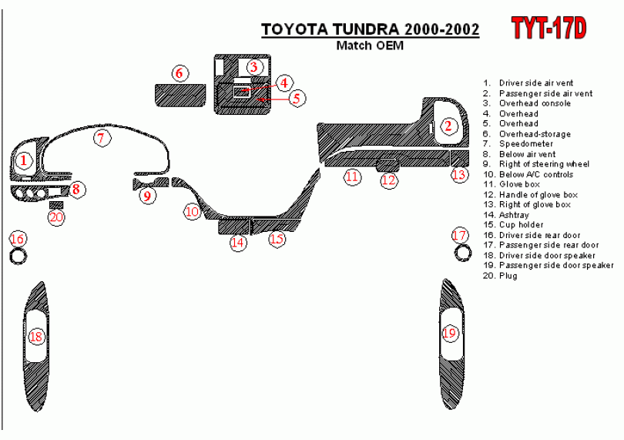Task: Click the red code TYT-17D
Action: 549,29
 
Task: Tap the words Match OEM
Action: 369,45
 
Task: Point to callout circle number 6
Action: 179,73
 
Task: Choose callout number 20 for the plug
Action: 56,217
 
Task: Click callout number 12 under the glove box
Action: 389,180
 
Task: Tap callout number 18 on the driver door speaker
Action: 35,337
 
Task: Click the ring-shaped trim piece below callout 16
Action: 17,256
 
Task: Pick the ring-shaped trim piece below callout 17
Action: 461,253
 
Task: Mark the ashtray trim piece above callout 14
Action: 233,226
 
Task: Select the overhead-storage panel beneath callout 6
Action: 179,96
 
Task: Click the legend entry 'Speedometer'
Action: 525,144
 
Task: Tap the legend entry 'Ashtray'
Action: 514,215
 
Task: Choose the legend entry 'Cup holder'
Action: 521,225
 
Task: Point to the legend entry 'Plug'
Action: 508,276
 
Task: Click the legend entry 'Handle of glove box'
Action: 538,195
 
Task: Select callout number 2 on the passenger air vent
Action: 448,126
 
